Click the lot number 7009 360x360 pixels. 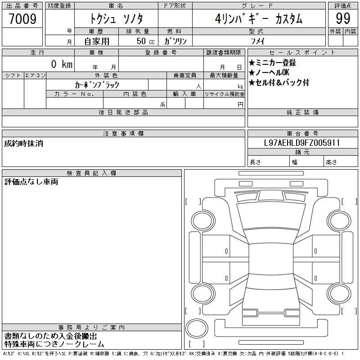(x=22, y=18)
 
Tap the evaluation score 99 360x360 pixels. (x=343, y=18)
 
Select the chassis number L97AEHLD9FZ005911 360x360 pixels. (x=302, y=143)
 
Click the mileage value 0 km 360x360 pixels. (x=62, y=64)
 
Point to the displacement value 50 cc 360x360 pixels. (x=145, y=41)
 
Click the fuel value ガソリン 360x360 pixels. (x=175, y=41)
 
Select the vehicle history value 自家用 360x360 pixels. (x=97, y=41)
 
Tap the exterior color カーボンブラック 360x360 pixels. (x=97, y=85)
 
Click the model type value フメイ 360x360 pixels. (x=258, y=41)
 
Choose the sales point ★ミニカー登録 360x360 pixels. (x=272, y=63)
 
